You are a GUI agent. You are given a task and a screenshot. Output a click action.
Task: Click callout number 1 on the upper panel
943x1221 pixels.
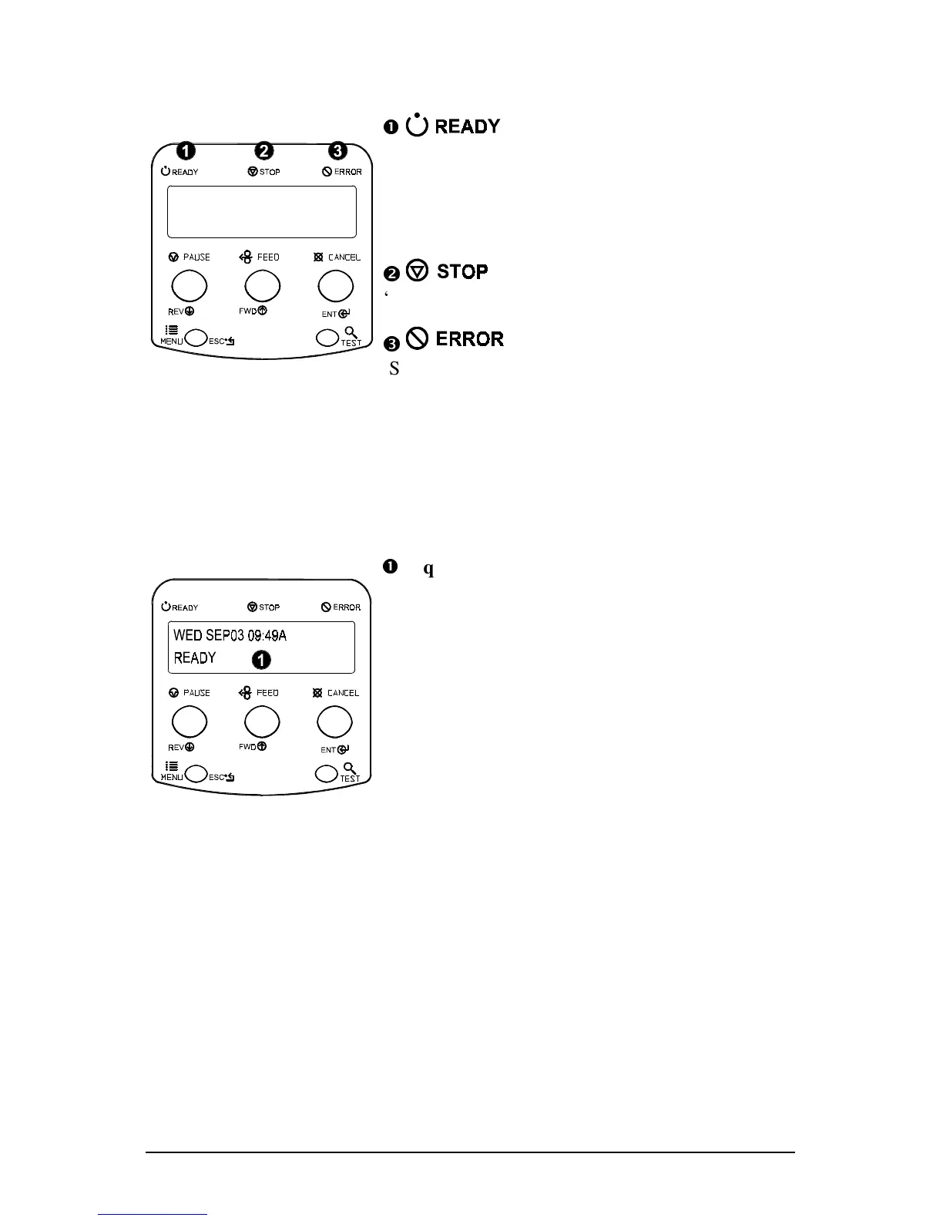click(186, 151)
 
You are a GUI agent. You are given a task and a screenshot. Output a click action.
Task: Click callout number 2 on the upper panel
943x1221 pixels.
click(263, 151)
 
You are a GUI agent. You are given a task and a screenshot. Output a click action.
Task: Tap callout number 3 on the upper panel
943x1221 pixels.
click(337, 151)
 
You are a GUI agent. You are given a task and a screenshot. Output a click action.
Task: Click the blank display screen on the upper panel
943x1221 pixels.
click(262, 212)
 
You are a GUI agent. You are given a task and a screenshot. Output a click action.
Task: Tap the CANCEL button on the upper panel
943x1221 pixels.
click(336, 287)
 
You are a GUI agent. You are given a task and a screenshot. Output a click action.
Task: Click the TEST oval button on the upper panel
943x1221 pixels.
click(328, 338)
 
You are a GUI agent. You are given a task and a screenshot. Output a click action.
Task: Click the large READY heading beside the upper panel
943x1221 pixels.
click(467, 126)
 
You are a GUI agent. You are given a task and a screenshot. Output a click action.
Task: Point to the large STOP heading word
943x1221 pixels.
click(462, 271)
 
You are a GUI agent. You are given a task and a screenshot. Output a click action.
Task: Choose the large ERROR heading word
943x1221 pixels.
click(469, 339)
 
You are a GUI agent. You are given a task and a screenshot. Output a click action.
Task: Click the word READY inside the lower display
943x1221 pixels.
click(195, 658)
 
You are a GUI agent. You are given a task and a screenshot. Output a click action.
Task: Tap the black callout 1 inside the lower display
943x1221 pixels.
click(262, 660)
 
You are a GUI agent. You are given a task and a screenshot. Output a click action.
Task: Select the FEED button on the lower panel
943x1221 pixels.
click(262, 722)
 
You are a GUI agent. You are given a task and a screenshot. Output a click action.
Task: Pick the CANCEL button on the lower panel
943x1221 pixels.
click(335, 722)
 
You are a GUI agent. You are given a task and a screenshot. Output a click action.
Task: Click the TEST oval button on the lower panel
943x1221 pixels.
click(327, 773)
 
